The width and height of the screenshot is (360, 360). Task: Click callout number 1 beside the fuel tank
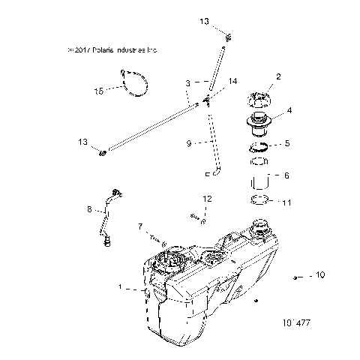(121, 286)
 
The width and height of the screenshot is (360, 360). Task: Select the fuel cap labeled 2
(256, 100)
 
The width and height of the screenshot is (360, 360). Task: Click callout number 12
(208, 199)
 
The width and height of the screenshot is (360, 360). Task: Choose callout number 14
(232, 80)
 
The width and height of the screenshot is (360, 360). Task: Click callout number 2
(279, 76)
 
